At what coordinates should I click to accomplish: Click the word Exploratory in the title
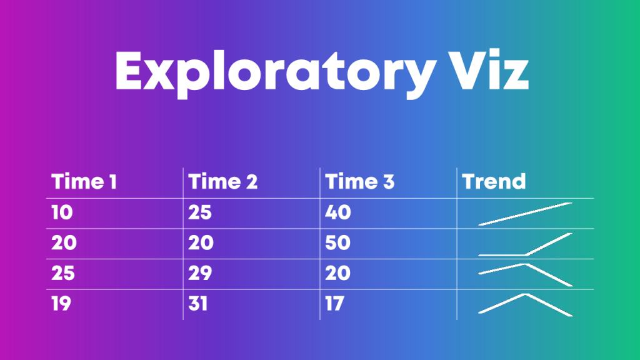tap(276, 74)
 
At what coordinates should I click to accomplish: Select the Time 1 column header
tap(84, 182)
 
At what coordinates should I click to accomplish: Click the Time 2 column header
tap(223, 182)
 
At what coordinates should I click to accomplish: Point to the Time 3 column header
tap(359, 182)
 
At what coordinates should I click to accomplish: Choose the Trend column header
tap(494, 182)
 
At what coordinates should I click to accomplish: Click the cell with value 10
tap(62, 212)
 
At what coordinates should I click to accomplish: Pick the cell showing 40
tap(338, 212)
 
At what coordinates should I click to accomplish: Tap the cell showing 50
tap(338, 243)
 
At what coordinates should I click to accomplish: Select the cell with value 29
tap(200, 273)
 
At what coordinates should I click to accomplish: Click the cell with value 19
tap(61, 304)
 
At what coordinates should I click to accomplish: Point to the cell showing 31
tap(198, 304)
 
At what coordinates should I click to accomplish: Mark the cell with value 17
tap(334, 304)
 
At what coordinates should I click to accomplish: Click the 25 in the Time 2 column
tap(200, 212)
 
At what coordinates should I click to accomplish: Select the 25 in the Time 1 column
tap(63, 273)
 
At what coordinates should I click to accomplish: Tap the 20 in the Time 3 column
tap(338, 273)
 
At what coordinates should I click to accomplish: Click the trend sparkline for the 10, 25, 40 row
tap(525, 214)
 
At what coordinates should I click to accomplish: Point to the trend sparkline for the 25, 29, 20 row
tap(525, 264)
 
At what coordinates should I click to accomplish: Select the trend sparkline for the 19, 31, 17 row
tap(525, 295)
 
